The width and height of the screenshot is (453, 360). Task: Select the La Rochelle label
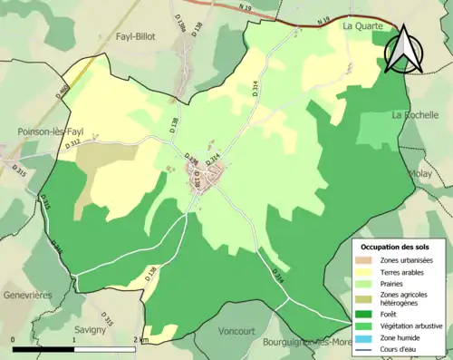coord(416,115)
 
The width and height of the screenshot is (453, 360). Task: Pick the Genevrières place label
coord(25,295)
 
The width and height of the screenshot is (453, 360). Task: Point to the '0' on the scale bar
coord(13,340)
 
